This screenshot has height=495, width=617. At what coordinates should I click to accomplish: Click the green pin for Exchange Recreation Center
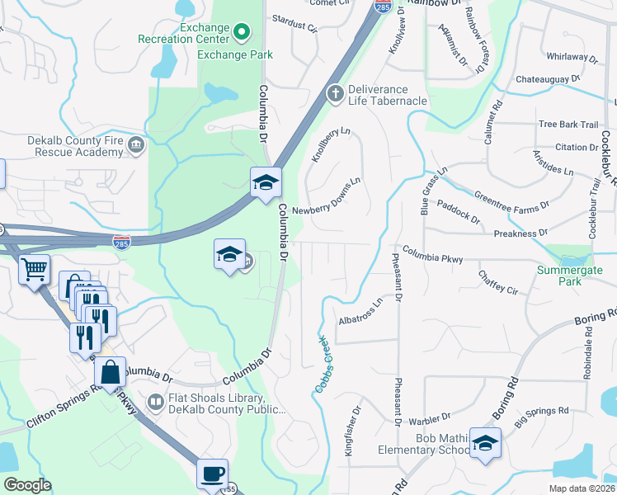(x=242, y=33)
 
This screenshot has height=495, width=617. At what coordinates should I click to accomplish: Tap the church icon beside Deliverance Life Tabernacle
(x=335, y=92)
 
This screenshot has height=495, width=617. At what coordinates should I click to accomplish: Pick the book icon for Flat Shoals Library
(x=155, y=402)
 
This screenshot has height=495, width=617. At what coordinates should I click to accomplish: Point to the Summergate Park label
(x=570, y=276)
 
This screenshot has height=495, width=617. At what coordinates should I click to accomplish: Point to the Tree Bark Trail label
(x=568, y=125)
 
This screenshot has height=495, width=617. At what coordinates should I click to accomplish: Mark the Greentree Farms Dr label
(x=511, y=200)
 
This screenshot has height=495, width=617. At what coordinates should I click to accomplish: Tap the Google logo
(x=27, y=485)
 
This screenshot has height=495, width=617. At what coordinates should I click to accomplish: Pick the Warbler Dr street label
(x=434, y=417)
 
